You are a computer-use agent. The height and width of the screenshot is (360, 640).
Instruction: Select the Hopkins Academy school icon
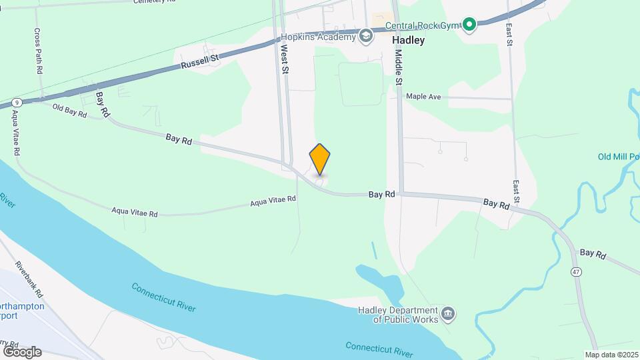pos(365,36)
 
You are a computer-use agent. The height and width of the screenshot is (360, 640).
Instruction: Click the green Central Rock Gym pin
pos(469,25)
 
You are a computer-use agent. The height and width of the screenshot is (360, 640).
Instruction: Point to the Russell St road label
pos(200,62)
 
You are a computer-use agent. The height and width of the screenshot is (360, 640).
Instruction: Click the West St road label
pos(285,59)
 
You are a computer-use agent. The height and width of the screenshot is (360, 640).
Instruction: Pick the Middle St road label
pos(399,67)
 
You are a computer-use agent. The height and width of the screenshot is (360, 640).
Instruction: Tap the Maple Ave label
pos(424,97)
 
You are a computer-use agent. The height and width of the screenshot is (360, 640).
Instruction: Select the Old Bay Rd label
pos(70,111)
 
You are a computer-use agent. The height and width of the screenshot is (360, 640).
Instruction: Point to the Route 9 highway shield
pos(16,103)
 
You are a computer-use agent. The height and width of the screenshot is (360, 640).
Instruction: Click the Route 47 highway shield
pos(575,271)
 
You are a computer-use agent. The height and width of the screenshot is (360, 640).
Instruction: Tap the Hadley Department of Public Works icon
pos(448,313)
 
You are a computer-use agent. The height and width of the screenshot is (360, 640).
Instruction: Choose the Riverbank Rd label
pos(29,279)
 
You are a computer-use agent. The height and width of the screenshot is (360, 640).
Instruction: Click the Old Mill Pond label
pos(619,157)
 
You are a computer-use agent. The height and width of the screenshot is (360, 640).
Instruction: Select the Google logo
pos(22,351)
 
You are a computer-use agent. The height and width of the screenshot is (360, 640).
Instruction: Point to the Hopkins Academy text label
pos(318,37)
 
